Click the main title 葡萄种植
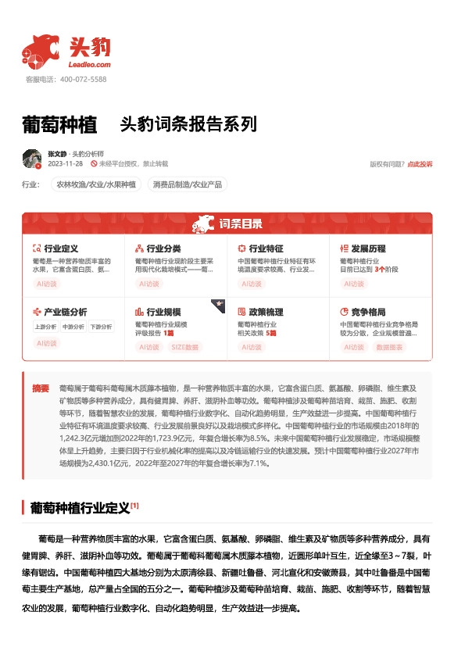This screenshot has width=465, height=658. [59, 124]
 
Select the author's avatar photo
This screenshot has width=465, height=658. [32, 159]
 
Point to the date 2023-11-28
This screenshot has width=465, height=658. [66, 164]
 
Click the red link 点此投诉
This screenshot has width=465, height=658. [420, 164]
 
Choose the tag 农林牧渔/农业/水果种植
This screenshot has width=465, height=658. [95, 185]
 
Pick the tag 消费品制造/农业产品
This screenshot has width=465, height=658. [188, 185]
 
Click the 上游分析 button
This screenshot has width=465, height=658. [45, 327]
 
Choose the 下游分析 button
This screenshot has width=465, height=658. [100, 327]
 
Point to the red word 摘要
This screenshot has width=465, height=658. [41, 388]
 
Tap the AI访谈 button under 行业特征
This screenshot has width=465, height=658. [252, 284]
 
